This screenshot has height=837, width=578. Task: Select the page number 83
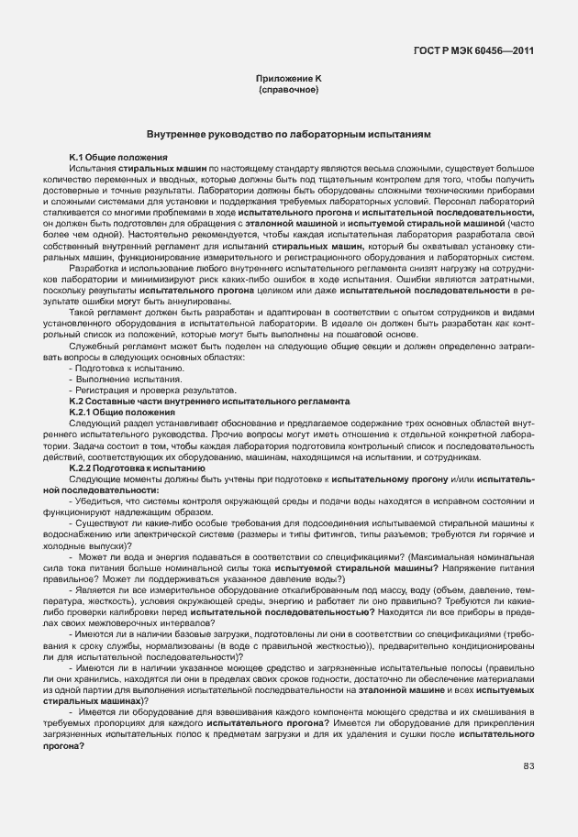tap(528, 765)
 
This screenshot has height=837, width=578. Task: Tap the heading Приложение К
tap(288, 81)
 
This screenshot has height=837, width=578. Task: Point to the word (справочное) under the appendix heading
tap(288, 92)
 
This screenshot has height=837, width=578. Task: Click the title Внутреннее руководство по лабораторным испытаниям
tap(288, 135)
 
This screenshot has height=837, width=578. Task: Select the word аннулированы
tap(215, 302)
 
